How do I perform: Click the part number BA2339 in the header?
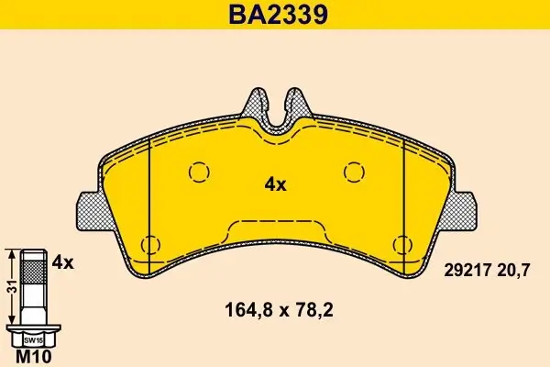click(275, 15)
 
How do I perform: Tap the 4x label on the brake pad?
click(275, 183)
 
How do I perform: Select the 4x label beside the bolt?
click(62, 261)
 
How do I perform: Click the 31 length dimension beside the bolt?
click(10, 285)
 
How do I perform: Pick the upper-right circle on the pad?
click(353, 172)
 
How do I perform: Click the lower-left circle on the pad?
click(150, 244)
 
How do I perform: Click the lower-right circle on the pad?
click(400, 244)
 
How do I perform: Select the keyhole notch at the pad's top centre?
click(275, 108)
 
